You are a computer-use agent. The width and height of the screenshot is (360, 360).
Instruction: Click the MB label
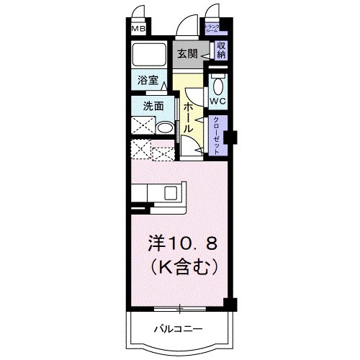pos(138,30)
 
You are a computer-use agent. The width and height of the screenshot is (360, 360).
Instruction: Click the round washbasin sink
pos(165,128)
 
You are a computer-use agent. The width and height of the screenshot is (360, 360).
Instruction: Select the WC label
pos(218,102)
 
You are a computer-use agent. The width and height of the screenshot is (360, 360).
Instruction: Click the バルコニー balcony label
pos(177,329)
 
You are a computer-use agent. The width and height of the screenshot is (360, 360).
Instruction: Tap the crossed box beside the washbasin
pos(144,129)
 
